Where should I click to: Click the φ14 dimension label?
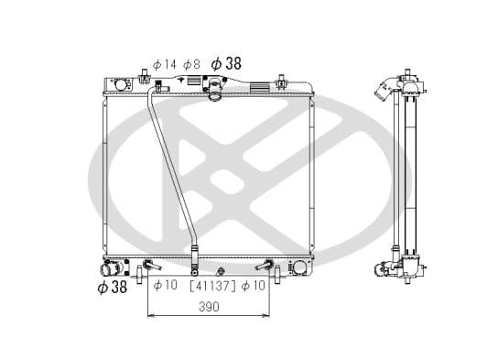click(164, 64)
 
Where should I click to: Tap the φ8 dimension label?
click(191, 64)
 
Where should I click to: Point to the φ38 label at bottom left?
click(112, 287)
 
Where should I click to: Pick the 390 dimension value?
click(209, 308)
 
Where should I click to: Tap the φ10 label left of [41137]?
click(165, 286)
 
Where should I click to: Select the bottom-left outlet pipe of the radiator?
click(111, 269)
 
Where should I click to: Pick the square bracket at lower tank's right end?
click(298, 267)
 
